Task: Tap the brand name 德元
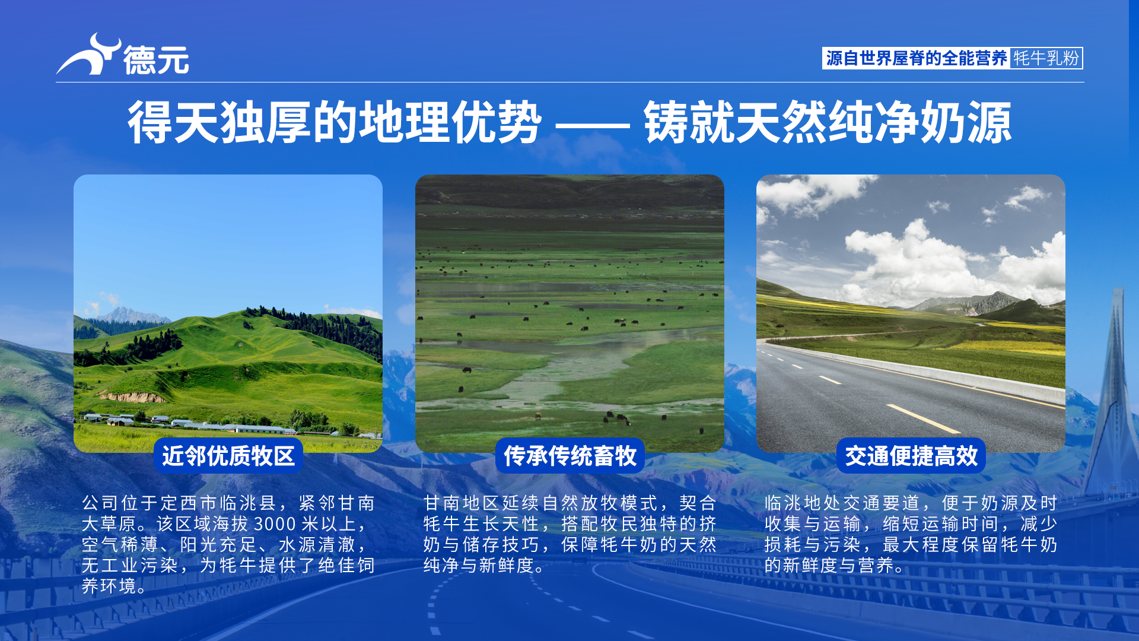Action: click(x=156, y=60)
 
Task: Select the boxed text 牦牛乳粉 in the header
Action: click(x=1046, y=58)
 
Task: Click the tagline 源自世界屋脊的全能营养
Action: click(x=916, y=58)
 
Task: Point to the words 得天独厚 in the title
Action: click(x=219, y=122)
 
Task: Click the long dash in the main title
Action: click(x=593, y=125)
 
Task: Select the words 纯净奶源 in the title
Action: click(x=920, y=122)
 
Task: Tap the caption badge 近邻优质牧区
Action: click(x=228, y=456)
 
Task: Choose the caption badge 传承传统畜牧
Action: click(x=570, y=456)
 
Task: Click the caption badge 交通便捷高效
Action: click(x=911, y=456)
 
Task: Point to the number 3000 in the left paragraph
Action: click(x=275, y=524)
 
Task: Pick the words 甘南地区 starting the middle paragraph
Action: click(x=462, y=503)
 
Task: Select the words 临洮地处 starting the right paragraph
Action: click(x=803, y=503)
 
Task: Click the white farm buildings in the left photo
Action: click(x=190, y=424)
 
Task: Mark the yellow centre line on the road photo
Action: click(x=922, y=418)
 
